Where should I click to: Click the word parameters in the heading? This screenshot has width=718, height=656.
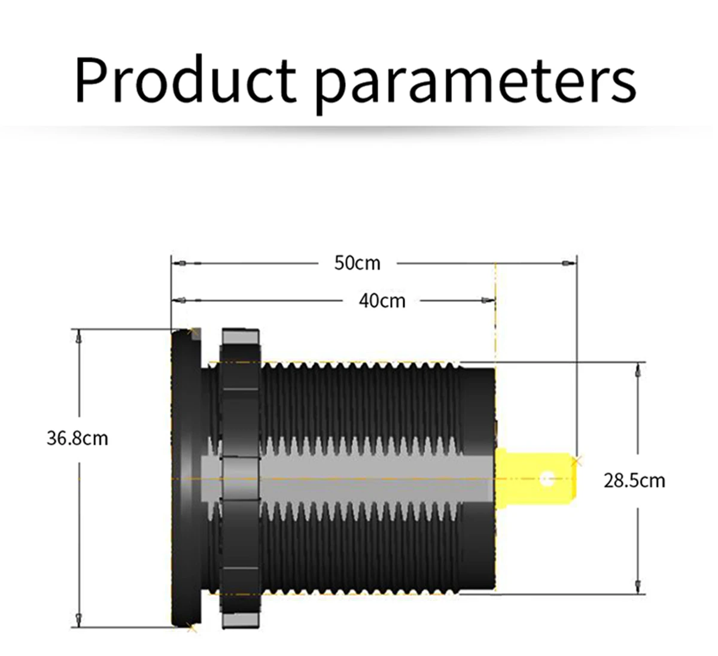476,83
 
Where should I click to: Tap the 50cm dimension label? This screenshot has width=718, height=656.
357,263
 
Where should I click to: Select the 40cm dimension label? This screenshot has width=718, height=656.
382,300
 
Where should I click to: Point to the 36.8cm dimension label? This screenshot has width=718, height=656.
77,438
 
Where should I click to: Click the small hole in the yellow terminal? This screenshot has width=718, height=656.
547,479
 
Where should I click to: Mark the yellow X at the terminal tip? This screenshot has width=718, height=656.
577,461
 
